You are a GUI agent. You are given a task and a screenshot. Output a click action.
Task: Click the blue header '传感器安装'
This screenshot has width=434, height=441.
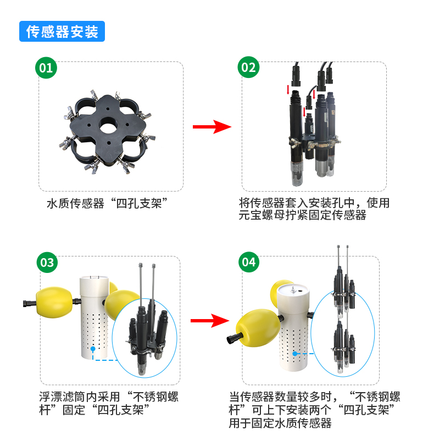tap(62, 31)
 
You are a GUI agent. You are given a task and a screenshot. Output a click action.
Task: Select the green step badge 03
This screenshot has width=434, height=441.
tap(47, 263)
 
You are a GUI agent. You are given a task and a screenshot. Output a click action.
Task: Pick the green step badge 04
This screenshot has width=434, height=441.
tap(249, 263)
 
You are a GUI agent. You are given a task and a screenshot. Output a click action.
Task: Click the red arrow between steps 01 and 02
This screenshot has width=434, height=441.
tap(212, 127)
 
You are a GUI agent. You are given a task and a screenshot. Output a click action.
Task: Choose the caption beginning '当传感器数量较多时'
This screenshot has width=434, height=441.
tap(314, 410)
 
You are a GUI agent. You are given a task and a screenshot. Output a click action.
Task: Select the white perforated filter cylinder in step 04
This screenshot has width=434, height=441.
tap(293, 335)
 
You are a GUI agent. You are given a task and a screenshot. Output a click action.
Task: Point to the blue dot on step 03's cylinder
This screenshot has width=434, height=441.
tap(94, 348)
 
